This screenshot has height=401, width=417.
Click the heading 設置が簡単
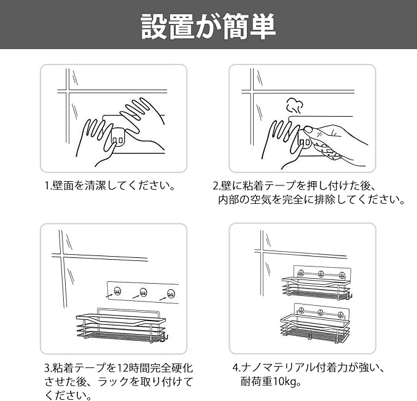coord(208,26)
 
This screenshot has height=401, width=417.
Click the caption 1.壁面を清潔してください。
coord(110,185)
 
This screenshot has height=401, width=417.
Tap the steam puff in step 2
coord(294,105)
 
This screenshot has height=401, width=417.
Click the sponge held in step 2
coord(325,152)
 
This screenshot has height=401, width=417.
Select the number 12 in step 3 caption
coord(123,368)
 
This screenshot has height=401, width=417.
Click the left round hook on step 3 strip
coord(117,292)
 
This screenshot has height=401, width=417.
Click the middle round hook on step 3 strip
coord(143,292)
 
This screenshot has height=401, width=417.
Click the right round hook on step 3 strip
coord(171,294)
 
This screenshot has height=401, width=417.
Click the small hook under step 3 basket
coord(166,338)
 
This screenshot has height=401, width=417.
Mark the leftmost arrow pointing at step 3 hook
coord(110,295)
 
